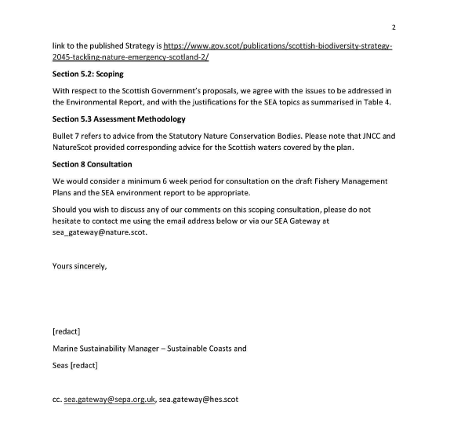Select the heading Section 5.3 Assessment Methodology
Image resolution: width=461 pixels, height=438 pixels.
coord(118,119)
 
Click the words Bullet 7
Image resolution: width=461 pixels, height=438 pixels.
coord(67,136)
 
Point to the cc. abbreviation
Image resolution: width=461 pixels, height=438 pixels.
coord(56,400)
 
